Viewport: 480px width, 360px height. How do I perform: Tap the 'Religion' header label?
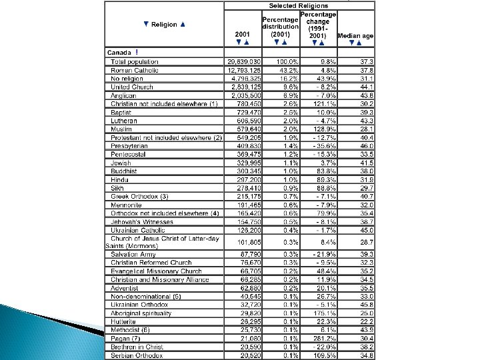164,25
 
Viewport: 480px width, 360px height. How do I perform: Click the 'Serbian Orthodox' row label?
135,356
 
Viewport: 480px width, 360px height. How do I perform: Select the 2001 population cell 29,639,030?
244,61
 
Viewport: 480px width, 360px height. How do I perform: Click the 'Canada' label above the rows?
119,52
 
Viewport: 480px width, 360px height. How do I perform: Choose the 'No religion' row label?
128,77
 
